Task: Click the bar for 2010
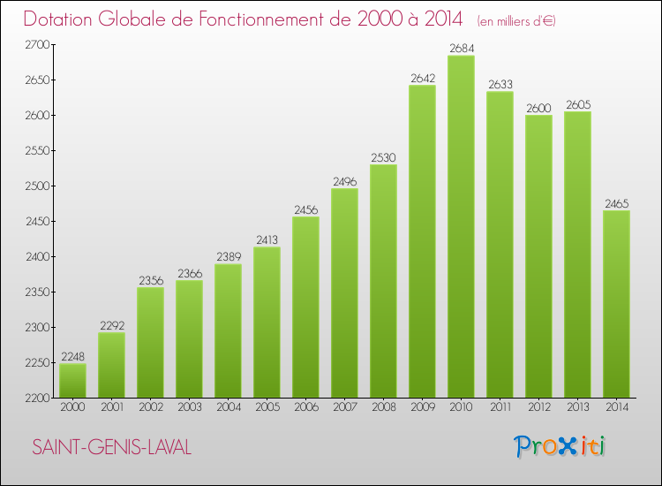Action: click(461, 227)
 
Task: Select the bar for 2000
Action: click(72, 381)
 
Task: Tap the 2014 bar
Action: click(616, 304)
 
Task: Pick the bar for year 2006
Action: click(305, 308)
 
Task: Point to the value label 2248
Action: click(72, 356)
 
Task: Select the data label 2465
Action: click(616, 202)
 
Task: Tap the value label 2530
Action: click(383, 156)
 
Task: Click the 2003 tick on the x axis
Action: click(189, 407)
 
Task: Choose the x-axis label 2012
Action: click(538, 407)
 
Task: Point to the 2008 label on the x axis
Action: click(383, 407)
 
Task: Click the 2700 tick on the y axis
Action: click(37, 44)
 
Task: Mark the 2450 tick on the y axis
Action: click(37, 221)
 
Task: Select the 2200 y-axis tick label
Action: click(37, 398)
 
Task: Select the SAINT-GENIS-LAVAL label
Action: click(111, 447)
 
